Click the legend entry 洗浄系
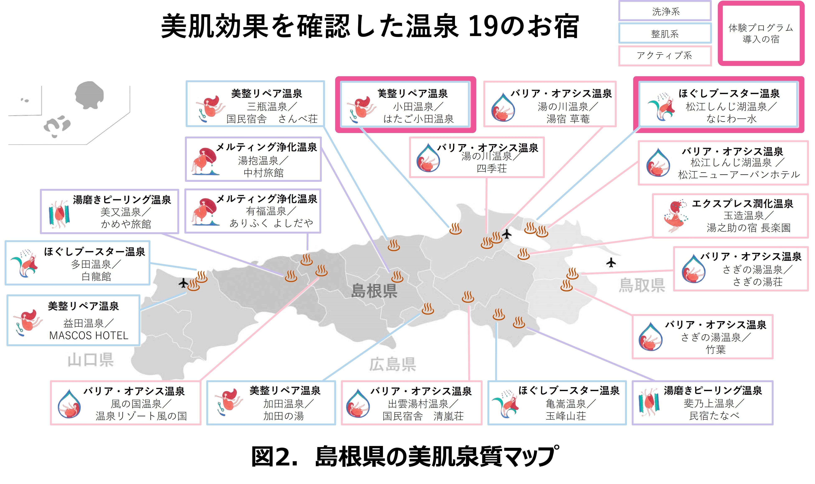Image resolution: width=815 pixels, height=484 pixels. (x=665, y=12)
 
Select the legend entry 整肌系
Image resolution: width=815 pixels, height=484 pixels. (x=665, y=34)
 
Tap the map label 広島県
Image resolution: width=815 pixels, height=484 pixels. (x=393, y=364)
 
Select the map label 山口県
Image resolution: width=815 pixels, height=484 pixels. (x=91, y=360)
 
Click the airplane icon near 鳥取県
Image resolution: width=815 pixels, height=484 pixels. (x=611, y=262)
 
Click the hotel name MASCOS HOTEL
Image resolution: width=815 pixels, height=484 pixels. (x=89, y=336)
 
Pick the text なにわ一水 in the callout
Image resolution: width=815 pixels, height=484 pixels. (x=731, y=119)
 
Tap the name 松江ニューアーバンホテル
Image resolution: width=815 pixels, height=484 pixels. (x=739, y=175)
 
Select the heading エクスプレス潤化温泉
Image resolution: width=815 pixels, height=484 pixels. (x=742, y=204)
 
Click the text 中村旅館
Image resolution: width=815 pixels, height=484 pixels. (x=264, y=173)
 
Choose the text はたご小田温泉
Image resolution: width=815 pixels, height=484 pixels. (x=418, y=119)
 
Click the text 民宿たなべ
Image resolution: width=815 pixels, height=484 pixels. (x=714, y=416)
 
